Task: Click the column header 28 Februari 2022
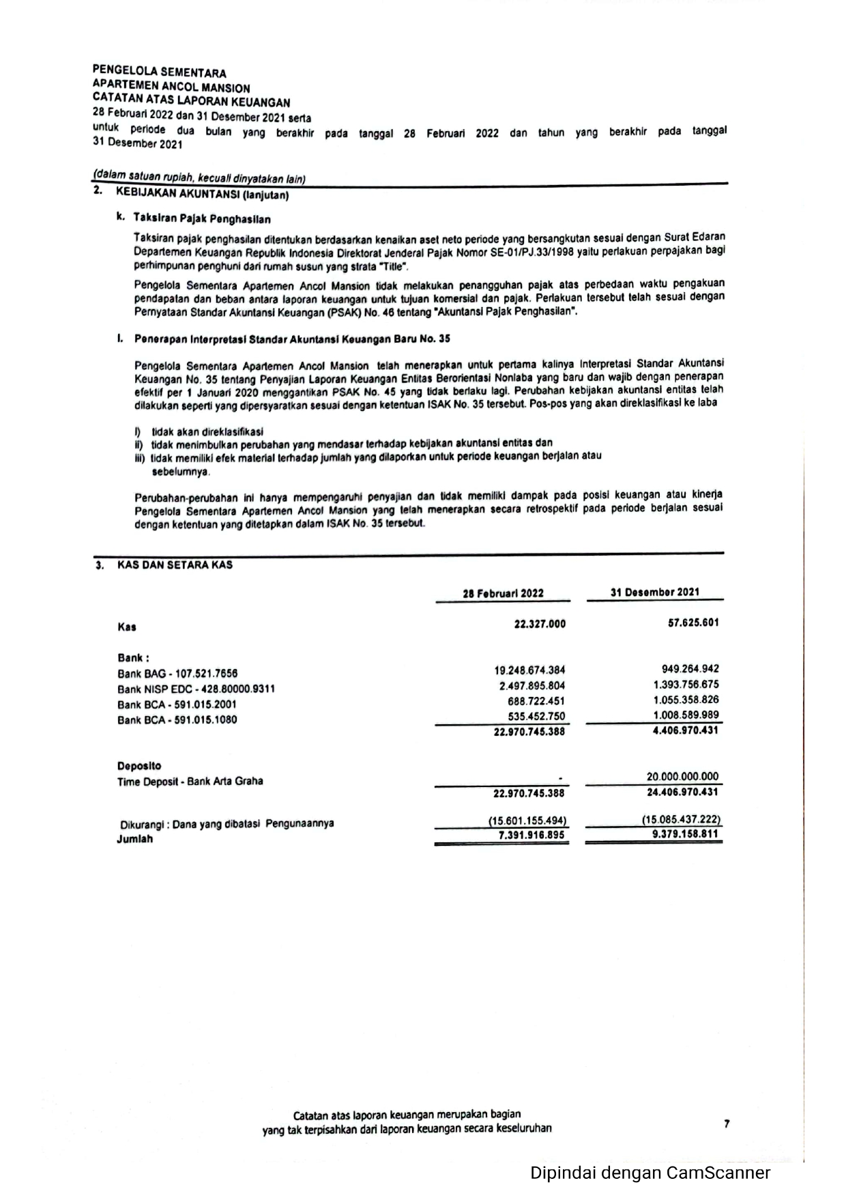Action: [503, 593]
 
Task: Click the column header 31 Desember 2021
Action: [654, 592]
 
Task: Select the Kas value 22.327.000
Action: [539, 624]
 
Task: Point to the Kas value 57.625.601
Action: [692, 623]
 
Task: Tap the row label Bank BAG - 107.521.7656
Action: [177, 673]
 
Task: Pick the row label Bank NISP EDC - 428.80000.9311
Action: [196, 689]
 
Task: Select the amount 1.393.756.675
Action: [686, 685]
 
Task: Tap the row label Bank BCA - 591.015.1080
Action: [177, 719]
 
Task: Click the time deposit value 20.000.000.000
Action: [682, 776]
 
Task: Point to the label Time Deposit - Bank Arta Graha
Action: [190, 782]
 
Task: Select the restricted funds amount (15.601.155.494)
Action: [527, 821]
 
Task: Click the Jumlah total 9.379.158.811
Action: [685, 834]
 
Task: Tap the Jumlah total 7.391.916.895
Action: [531, 836]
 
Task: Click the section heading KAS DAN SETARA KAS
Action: [175, 565]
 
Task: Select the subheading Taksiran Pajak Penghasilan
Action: [202, 219]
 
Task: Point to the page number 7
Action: [727, 1124]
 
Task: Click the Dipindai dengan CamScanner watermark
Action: [650, 1173]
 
